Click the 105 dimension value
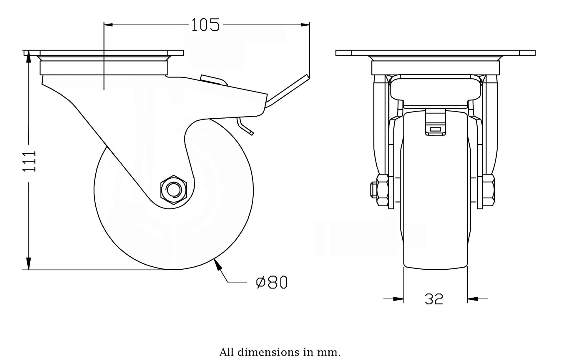tap(205, 25)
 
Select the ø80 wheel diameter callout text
tap(272, 283)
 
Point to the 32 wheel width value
tap(434, 299)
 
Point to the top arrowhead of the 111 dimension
tap(28, 56)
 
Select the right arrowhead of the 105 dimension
tap(305, 25)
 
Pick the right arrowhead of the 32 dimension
tap(473, 299)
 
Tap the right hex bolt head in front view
tap(488, 190)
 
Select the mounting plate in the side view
tap(104, 53)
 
